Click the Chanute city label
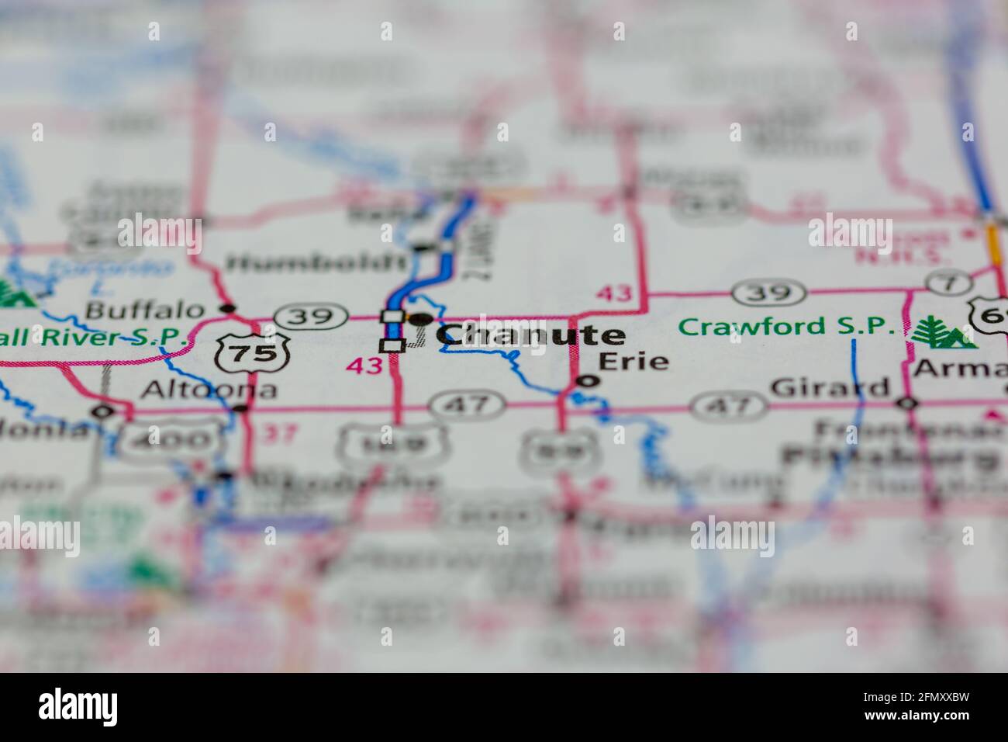pyautogui.click(x=531, y=335)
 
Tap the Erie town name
pyautogui.click(x=633, y=361)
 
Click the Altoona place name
pyautogui.click(x=208, y=388)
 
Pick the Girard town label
pyautogui.click(x=830, y=387)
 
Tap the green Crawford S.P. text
pyautogui.click(x=786, y=327)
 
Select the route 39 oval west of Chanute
pyautogui.click(x=314, y=316)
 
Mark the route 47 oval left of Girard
pyautogui.click(x=727, y=404)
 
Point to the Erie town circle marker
pyautogui.click(x=589, y=380)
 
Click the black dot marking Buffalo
pyautogui.click(x=227, y=308)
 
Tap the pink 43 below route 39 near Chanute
pyautogui.click(x=365, y=365)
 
